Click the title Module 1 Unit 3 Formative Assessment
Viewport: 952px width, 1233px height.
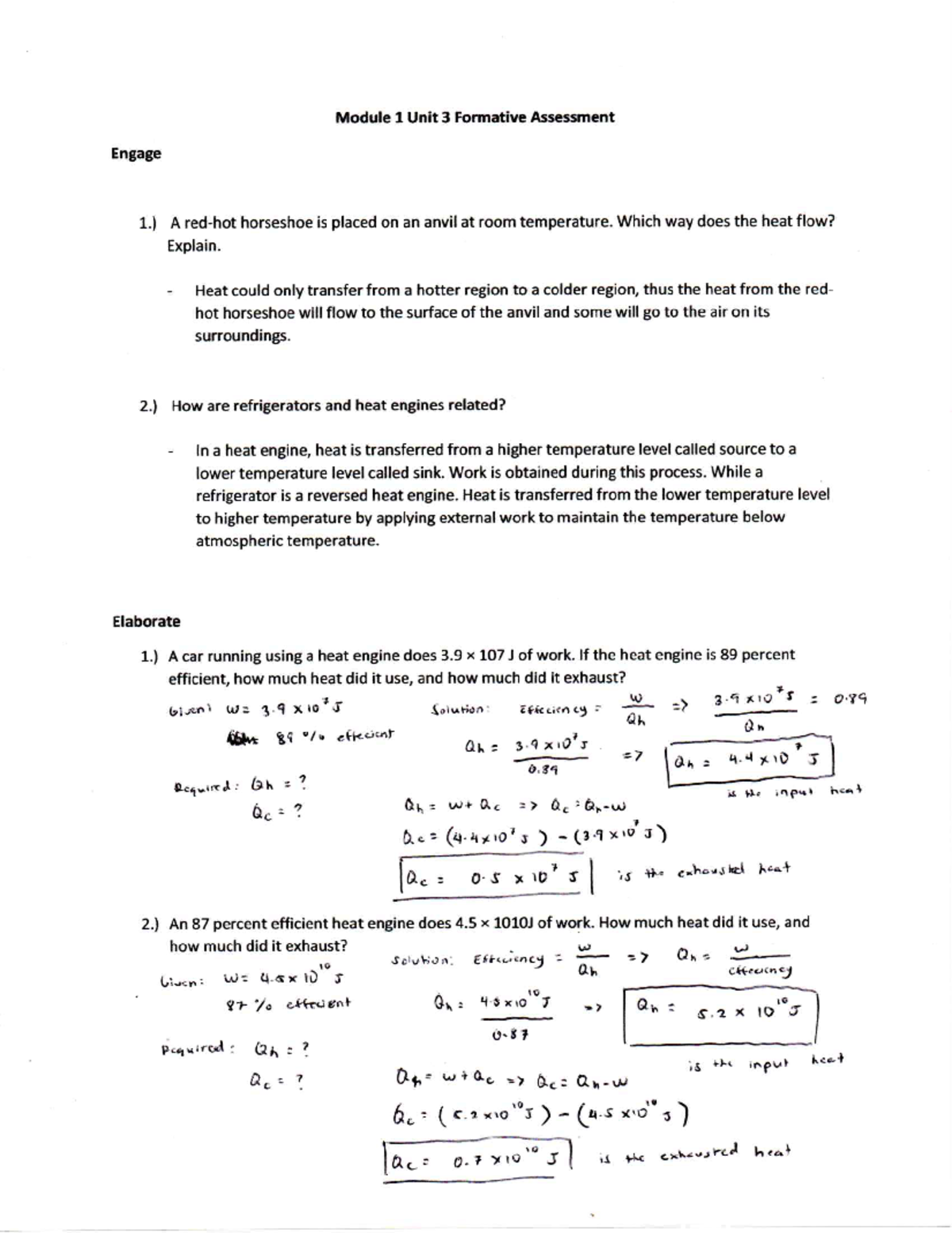pos(474,118)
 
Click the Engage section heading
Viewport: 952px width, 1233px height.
pos(136,153)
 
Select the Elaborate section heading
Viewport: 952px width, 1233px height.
pos(146,621)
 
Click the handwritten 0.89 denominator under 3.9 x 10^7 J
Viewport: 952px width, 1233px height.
pos(539,769)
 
